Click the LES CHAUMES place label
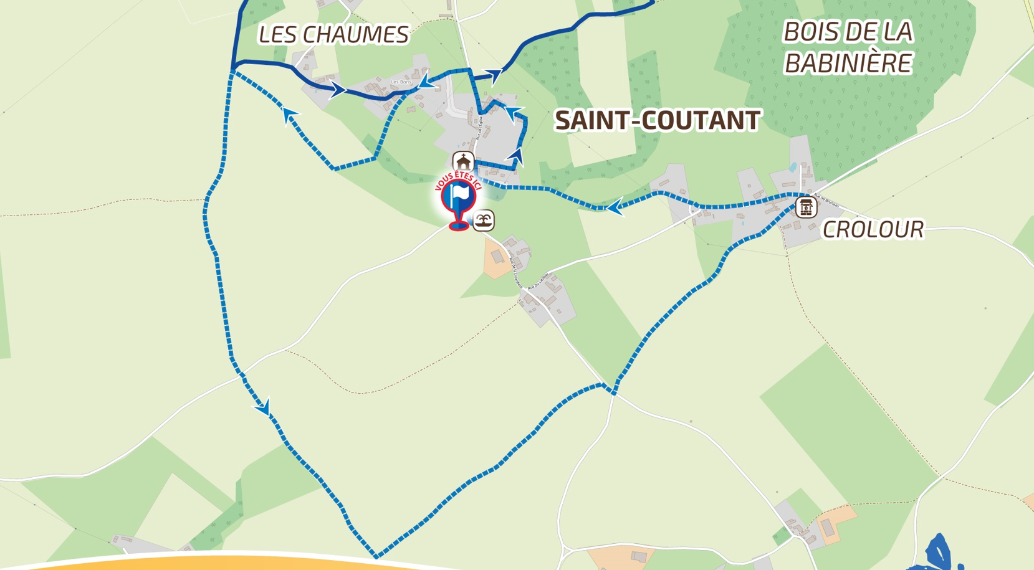click(x=333, y=35)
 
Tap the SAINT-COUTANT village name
click(x=658, y=120)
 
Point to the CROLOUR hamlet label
click(x=873, y=229)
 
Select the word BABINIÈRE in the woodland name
click(x=848, y=63)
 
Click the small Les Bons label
click(x=401, y=82)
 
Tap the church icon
click(x=463, y=162)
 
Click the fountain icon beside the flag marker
click(x=484, y=220)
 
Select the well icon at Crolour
click(x=805, y=207)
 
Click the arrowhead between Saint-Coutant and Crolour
click(x=615, y=207)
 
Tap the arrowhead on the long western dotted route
click(x=264, y=408)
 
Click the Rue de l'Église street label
click(x=480, y=128)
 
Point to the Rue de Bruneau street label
click(x=826, y=200)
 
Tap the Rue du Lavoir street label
click(x=537, y=282)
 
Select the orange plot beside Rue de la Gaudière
click(x=496, y=257)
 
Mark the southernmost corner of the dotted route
click(x=376, y=556)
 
